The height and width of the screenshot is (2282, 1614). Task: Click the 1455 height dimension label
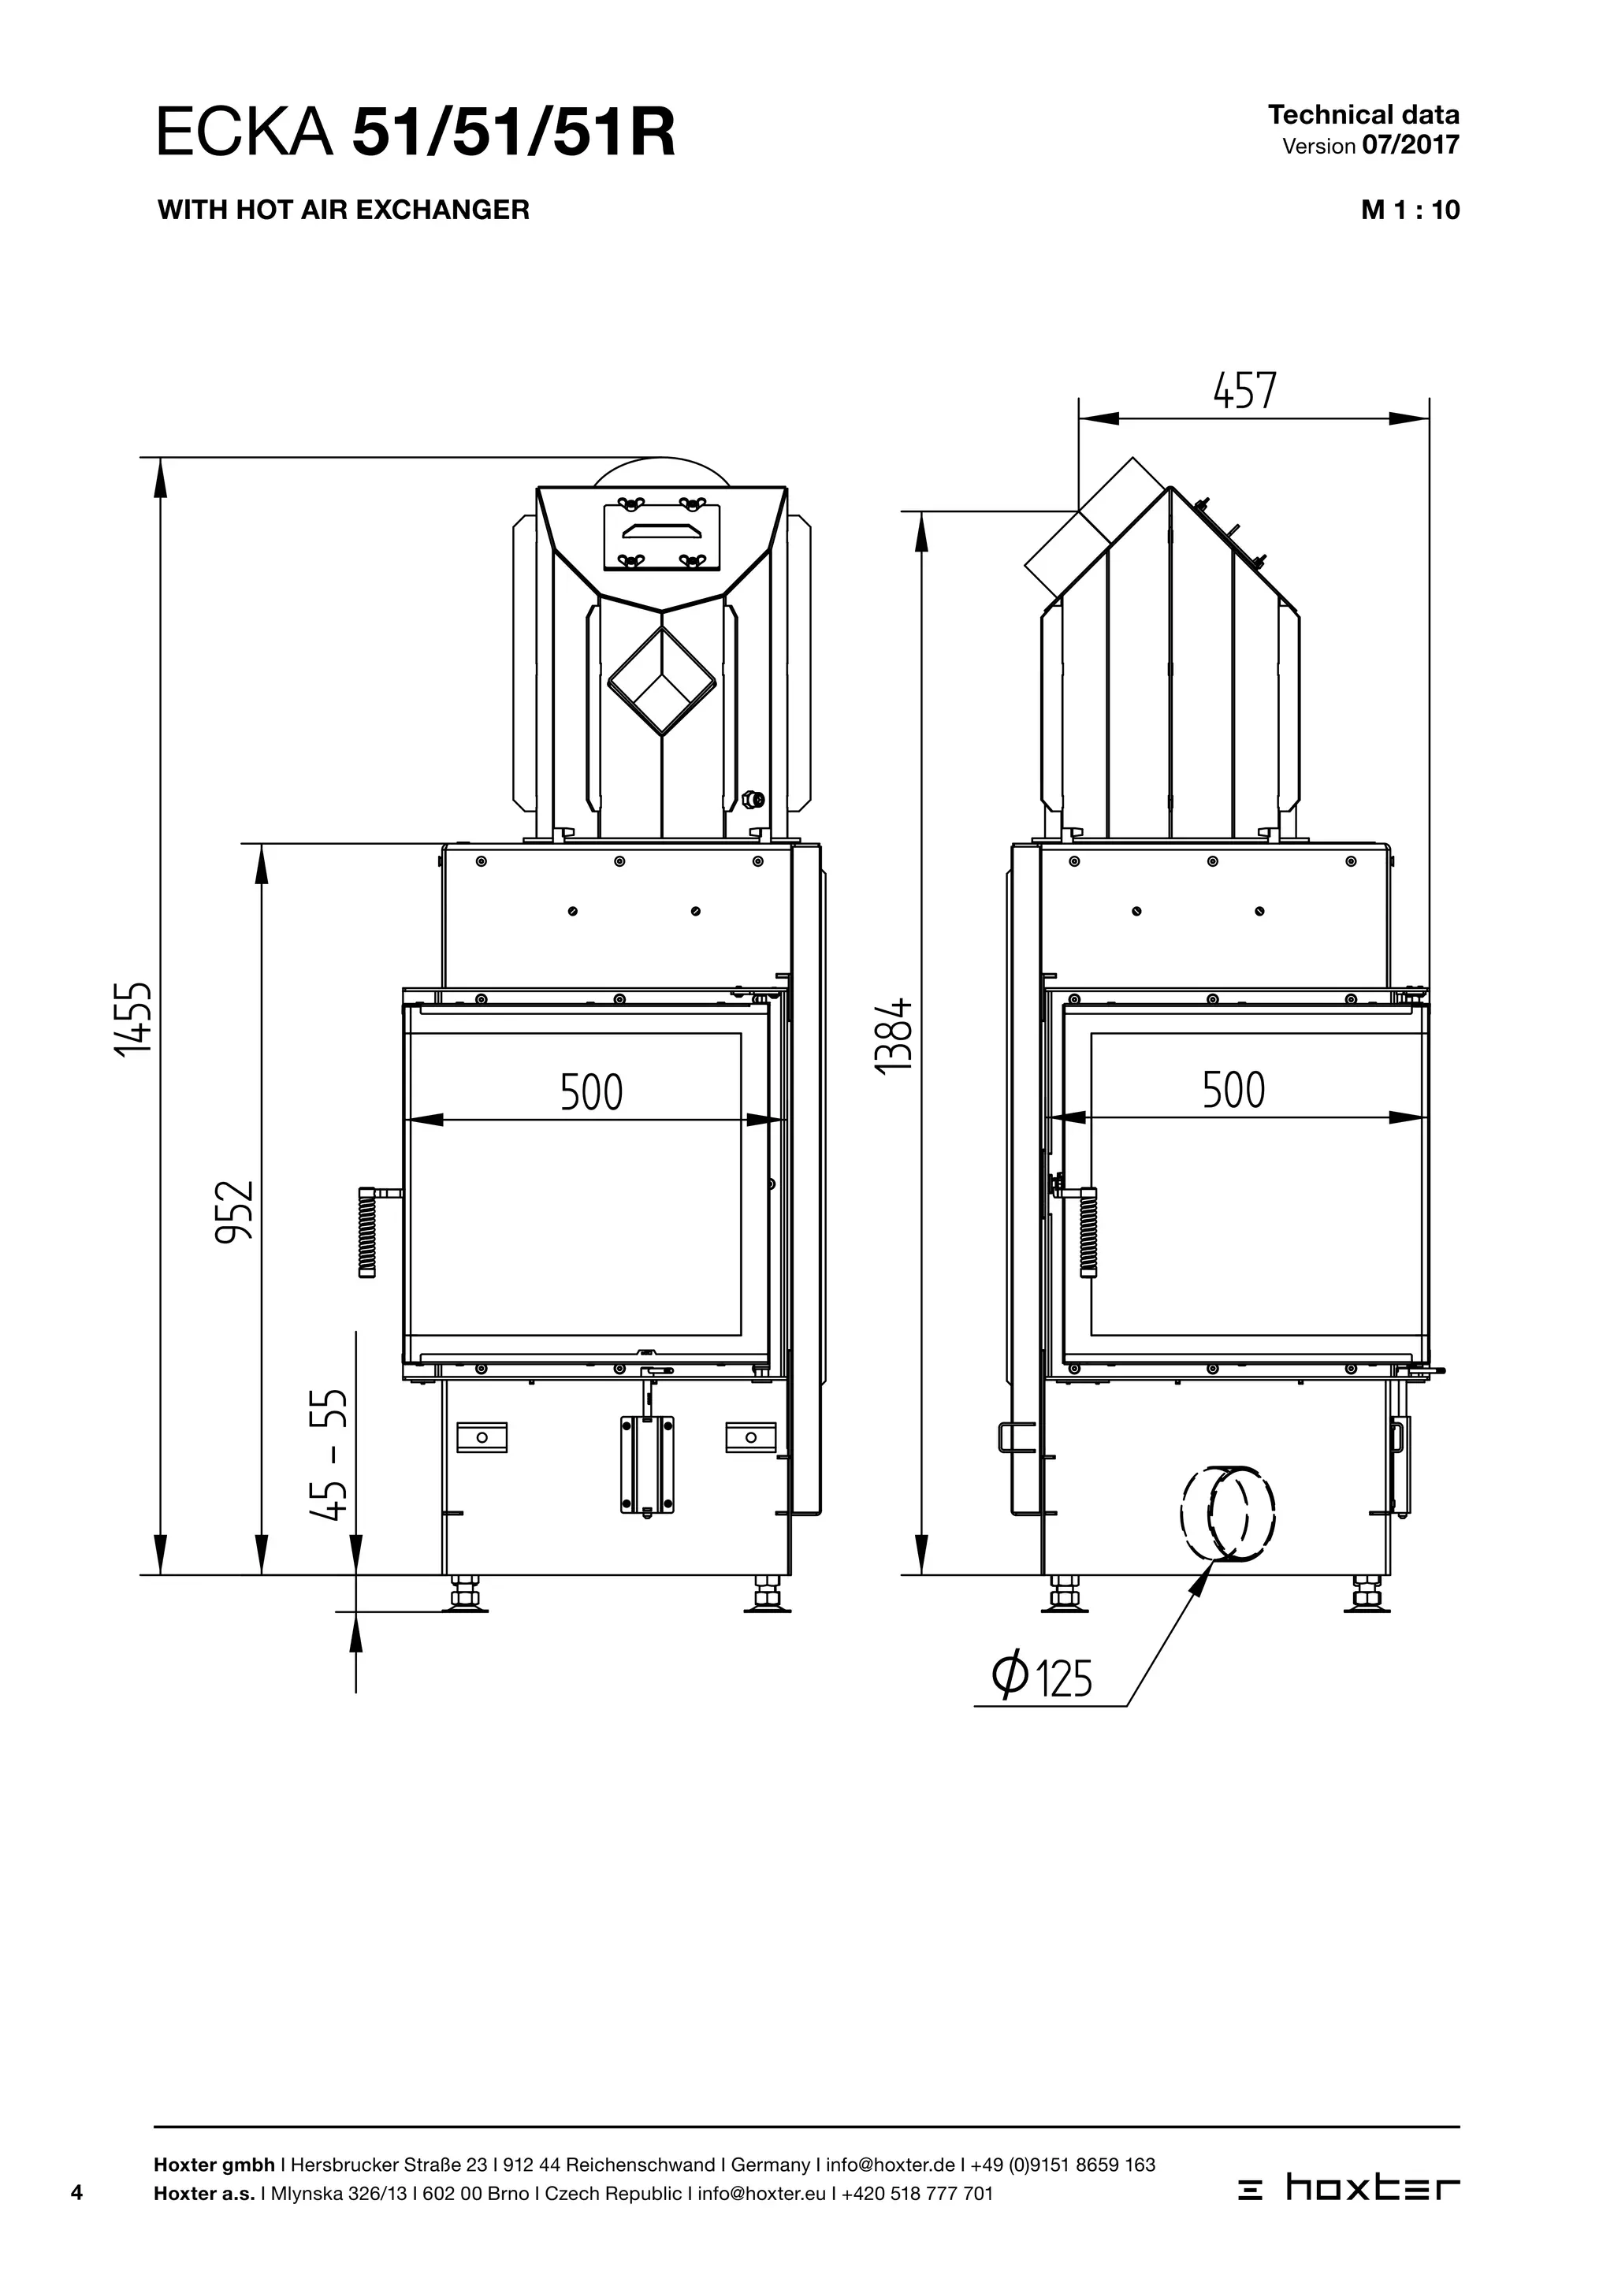tap(133, 1019)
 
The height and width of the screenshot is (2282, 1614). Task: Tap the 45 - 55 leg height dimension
tap(328, 1454)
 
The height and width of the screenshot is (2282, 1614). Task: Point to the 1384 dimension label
tap(894, 1034)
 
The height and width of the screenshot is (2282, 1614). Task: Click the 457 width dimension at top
tap(1244, 391)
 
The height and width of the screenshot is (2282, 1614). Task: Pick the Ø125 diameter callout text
tap(1042, 1678)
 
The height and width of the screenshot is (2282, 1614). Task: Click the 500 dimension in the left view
tap(591, 1091)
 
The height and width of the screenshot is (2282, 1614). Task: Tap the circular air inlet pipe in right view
tap(1229, 1514)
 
